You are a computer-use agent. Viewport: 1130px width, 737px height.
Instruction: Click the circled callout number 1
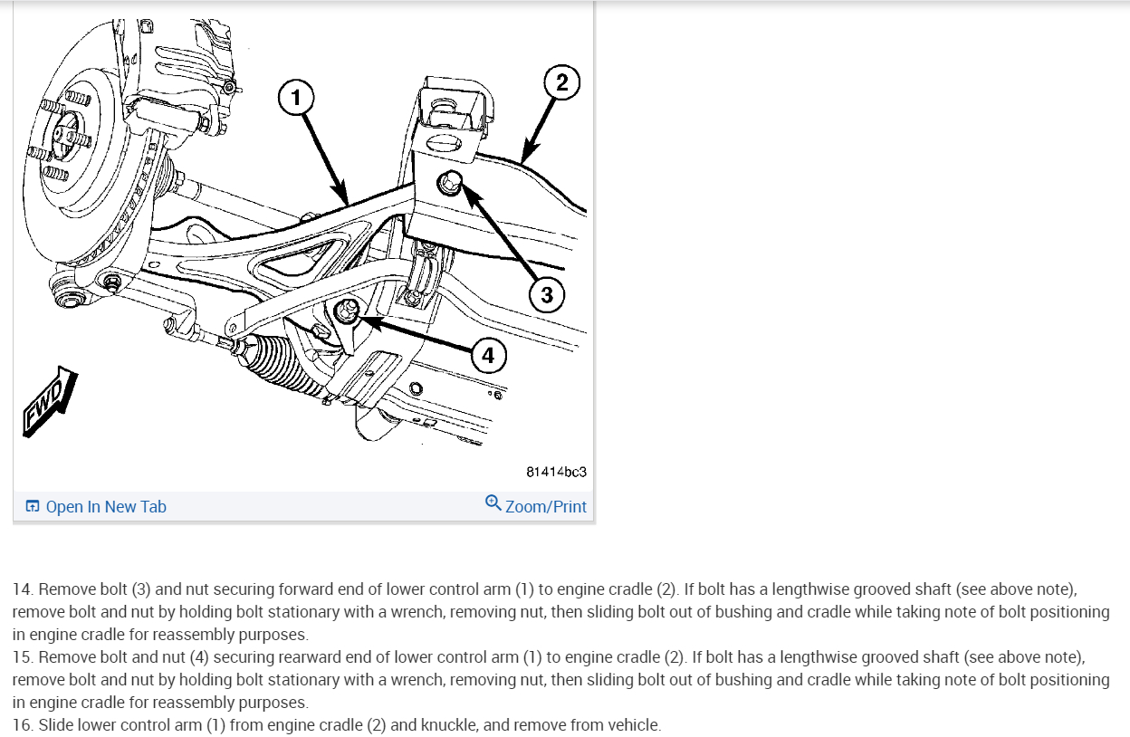click(295, 97)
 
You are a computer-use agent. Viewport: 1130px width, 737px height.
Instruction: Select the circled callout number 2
click(561, 83)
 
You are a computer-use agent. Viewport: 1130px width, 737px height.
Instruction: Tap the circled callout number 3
click(547, 294)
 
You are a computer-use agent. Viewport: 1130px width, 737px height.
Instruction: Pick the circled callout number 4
click(488, 356)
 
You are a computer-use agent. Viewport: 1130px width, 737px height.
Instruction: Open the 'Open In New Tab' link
click(105, 507)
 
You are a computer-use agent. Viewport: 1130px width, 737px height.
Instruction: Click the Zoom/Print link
click(545, 507)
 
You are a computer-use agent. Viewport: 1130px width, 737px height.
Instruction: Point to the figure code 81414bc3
click(556, 472)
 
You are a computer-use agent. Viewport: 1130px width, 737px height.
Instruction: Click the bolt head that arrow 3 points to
click(449, 185)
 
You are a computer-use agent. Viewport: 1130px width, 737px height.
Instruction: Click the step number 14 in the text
click(23, 589)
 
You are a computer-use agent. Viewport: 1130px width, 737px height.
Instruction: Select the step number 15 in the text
click(23, 656)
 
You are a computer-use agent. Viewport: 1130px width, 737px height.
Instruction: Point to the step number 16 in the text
click(23, 724)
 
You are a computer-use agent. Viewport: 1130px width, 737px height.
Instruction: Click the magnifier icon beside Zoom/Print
click(493, 503)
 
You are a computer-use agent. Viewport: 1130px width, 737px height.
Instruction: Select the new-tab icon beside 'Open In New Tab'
click(33, 507)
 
